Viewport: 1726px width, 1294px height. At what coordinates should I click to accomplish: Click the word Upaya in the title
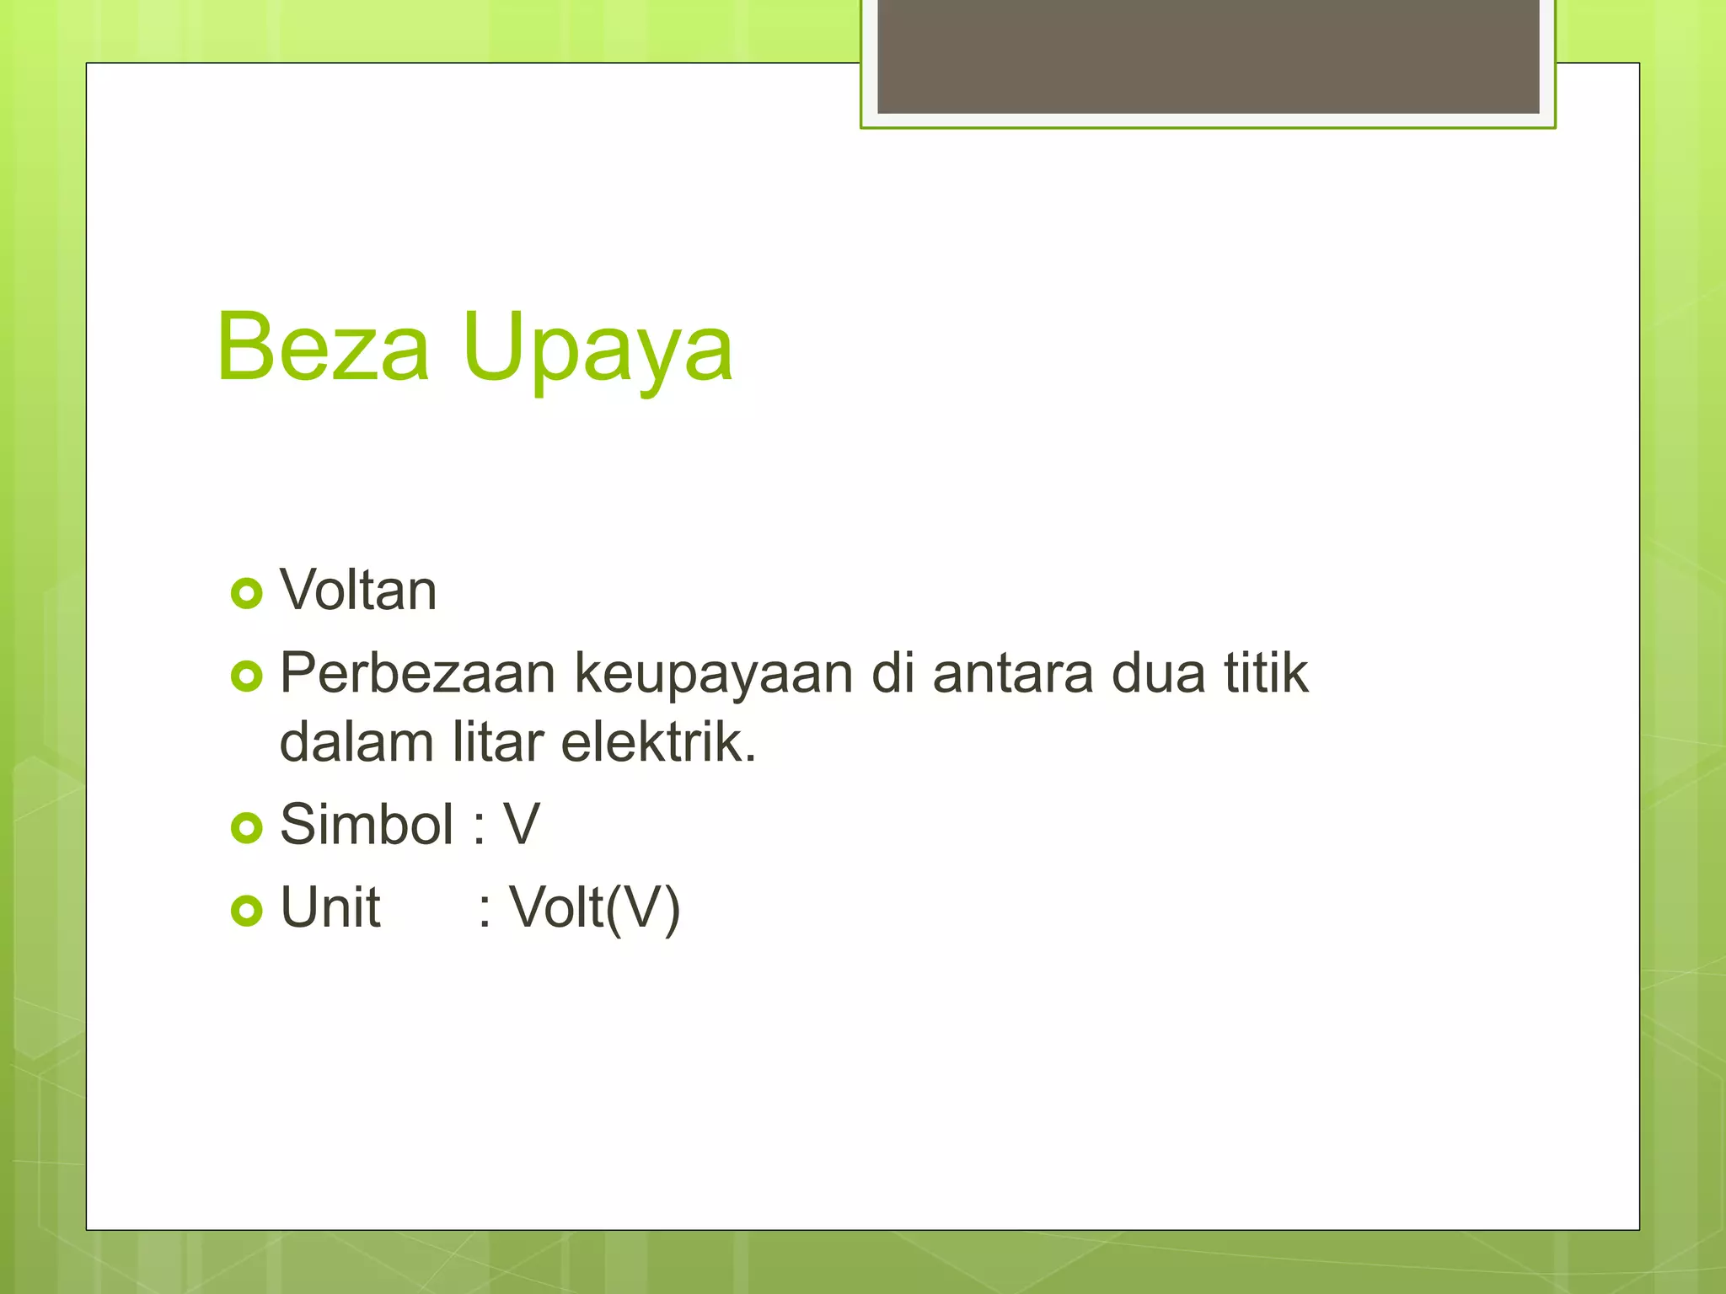point(598,349)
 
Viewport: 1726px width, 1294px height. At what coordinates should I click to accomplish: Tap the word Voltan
point(358,590)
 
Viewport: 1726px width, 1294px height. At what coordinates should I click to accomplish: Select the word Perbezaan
point(417,673)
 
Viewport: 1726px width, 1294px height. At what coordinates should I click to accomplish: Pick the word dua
point(1158,674)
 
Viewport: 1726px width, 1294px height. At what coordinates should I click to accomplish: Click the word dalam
point(356,742)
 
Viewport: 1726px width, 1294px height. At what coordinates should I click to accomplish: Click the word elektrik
point(658,742)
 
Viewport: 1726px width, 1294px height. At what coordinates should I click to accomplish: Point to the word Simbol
point(367,824)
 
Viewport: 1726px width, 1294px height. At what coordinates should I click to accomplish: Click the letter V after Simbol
point(522,824)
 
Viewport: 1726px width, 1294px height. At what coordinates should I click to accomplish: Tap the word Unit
point(330,908)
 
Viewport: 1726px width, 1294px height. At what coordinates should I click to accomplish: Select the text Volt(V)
point(594,909)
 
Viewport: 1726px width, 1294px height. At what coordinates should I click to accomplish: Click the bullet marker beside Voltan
point(247,594)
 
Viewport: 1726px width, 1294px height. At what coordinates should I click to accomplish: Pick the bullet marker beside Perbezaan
point(247,676)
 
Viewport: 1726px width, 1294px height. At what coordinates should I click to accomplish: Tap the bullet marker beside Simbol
point(247,828)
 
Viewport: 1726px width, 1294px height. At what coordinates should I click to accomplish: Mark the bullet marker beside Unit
point(247,911)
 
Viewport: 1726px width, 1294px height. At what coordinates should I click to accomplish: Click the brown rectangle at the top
point(1208,56)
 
